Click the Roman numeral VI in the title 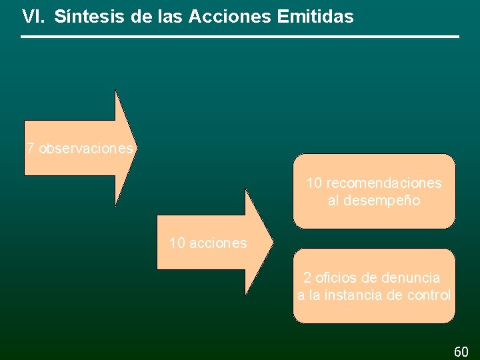pos(33,17)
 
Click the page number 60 pos(461,351)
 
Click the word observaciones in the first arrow pos(86,149)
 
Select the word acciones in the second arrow pos(218,243)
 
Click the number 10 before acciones pos(177,243)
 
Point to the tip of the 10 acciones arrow pos(271,242)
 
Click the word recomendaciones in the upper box pos(384,183)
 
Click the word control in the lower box pos(431,295)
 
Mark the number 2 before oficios pos(307,277)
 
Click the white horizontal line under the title pos(240,37)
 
